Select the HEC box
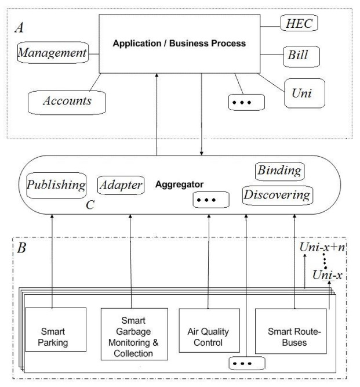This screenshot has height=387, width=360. pyautogui.click(x=299, y=24)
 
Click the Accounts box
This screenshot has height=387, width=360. pyautogui.click(x=68, y=101)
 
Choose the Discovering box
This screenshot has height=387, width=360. pyautogui.click(x=275, y=194)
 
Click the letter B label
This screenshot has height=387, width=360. pyautogui.click(x=22, y=250)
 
